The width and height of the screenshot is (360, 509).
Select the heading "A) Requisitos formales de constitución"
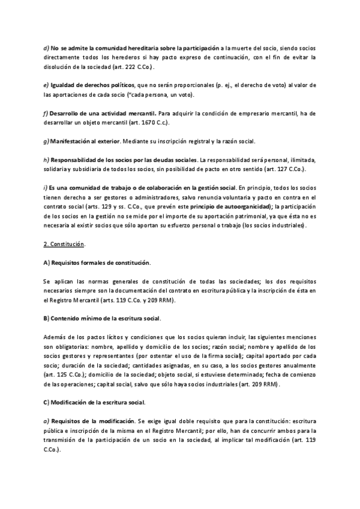point(97,263)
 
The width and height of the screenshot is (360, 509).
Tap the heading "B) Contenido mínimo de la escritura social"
point(101,317)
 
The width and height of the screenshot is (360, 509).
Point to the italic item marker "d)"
point(46,47)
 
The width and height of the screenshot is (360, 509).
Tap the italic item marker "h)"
point(46,160)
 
